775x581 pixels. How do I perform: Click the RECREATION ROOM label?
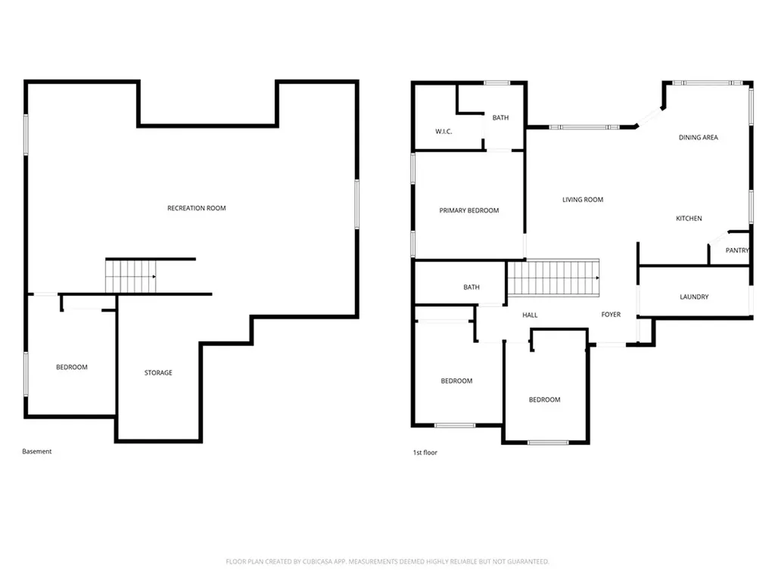coord(196,208)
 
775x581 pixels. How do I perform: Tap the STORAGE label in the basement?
coord(158,372)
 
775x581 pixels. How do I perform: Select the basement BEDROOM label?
coord(72,367)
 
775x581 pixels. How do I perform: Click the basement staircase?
coord(130,277)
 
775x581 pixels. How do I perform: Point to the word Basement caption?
coord(36,451)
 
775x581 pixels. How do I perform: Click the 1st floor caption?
coord(425,452)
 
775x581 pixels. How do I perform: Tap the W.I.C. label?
coord(444,132)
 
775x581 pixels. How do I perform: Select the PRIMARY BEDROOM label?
coord(469,210)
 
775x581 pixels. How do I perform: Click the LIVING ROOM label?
coord(583,200)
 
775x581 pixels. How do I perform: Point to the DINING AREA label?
coord(698,138)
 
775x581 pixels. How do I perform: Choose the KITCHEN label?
coord(689,219)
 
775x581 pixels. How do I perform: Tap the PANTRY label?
coord(737,250)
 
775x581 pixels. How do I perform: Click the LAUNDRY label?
coord(694,297)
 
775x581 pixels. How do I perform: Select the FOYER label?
coord(611,314)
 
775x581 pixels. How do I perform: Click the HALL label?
coord(530,315)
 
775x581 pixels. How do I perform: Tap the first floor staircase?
coord(553,278)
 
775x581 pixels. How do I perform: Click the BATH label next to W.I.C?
coord(500,117)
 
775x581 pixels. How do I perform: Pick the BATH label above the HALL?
coord(471,287)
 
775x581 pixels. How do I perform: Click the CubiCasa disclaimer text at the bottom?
coord(387,561)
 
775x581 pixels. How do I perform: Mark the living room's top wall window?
coord(584,127)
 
